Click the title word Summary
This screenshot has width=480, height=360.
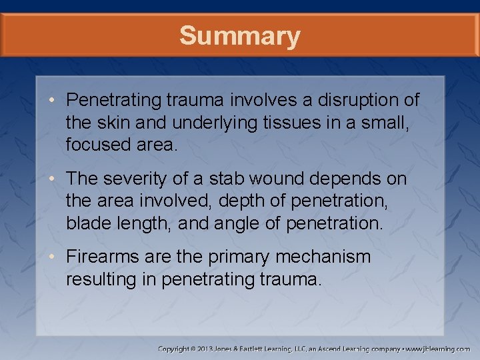click(240, 36)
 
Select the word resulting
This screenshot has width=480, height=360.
click(102, 279)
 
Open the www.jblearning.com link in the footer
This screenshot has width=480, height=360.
click(438, 349)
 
